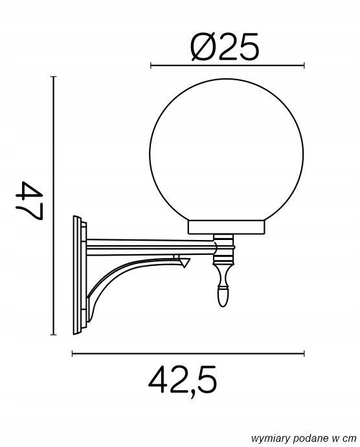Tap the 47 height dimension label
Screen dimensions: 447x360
(x=28, y=201)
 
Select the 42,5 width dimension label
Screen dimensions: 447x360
(x=183, y=381)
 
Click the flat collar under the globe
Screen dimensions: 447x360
(x=227, y=227)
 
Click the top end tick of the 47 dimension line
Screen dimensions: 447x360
(x=53, y=76)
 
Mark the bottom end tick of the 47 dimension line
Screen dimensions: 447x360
(x=53, y=335)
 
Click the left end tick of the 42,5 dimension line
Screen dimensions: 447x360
(x=72, y=353)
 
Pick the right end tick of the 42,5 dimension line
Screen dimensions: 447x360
(x=304, y=353)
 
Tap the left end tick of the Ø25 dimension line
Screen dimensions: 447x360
(x=150, y=65)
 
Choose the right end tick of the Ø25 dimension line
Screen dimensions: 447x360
(x=304, y=65)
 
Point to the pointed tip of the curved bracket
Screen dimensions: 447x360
(x=188, y=261)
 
